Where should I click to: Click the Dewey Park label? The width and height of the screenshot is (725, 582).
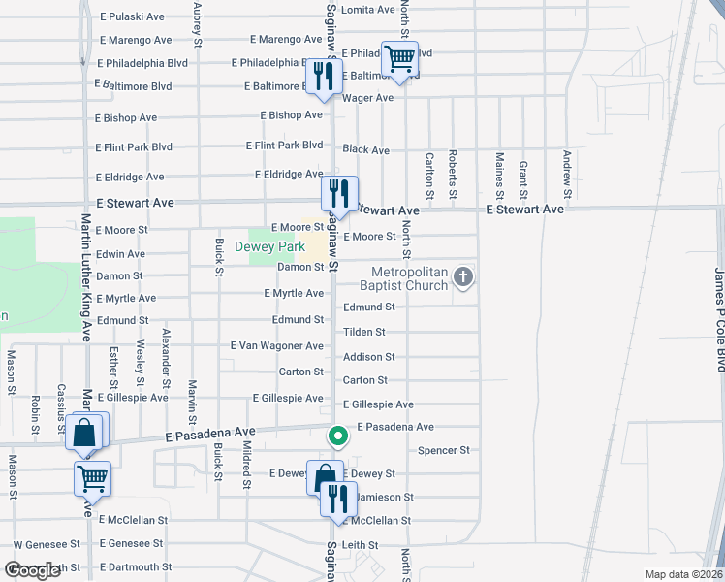(270, 247)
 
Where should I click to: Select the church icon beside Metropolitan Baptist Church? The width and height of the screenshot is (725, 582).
(463, 278)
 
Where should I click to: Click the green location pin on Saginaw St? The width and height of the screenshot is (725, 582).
(336, 437)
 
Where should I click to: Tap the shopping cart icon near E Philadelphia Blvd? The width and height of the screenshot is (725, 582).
(399, 60)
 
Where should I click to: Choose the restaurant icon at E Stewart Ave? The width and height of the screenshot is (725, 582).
(340, 192)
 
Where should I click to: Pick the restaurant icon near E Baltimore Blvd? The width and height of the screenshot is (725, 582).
(323, 78)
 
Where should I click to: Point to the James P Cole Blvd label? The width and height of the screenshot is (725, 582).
(719, 321)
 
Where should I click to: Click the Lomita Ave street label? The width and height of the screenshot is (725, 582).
(369, 9)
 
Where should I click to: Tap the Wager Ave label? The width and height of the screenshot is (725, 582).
(367, 98)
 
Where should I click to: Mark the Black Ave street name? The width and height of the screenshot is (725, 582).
(365, 150)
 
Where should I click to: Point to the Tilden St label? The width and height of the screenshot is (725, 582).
(364, 332)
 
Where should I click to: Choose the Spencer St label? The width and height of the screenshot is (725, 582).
(444, 450)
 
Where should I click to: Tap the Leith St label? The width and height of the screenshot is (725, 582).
(366, 545)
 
